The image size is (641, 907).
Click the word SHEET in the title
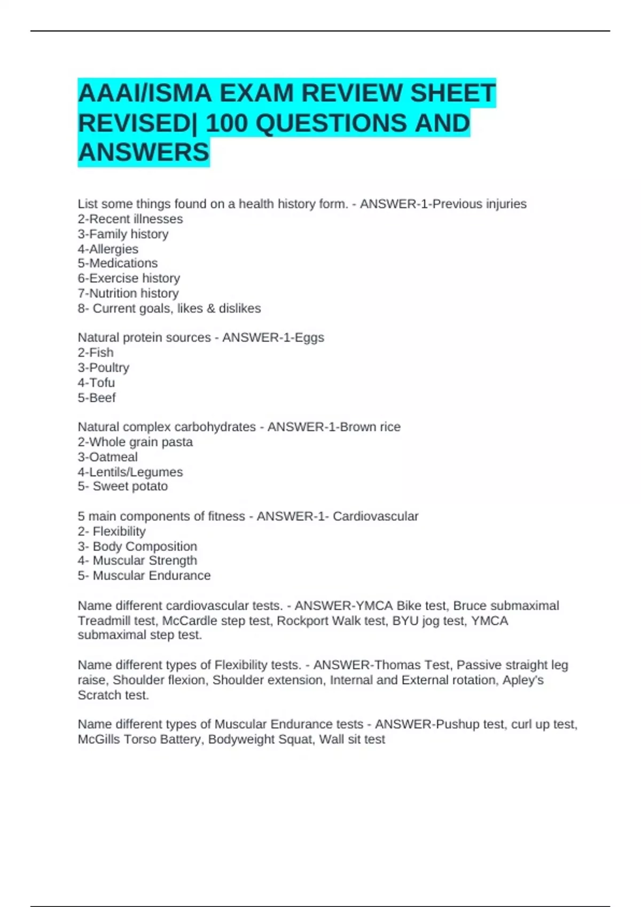(x=452, y=93)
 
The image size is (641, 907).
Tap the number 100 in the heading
(x=227, y=123)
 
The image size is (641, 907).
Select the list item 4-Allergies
(x=108, y=249)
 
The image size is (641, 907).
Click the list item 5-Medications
(x=118, y=264)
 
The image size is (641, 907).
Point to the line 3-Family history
(x=123, y=234)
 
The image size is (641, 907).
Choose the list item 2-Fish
(x=96, y=353)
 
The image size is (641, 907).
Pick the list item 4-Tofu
(x=96, y=383)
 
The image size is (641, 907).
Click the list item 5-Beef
(x=97, y=398)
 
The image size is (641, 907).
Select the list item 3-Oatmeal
(x=107, y=457)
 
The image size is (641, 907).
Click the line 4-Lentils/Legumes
(x=130, y=472)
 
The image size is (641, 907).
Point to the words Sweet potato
(x=130, y=487)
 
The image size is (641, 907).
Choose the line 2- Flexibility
(x=112, y=531)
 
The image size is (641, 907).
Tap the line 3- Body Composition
(x=137, y=546)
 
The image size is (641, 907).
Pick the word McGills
(x=99, y=739)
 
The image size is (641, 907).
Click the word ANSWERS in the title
(x=144, y=153)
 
